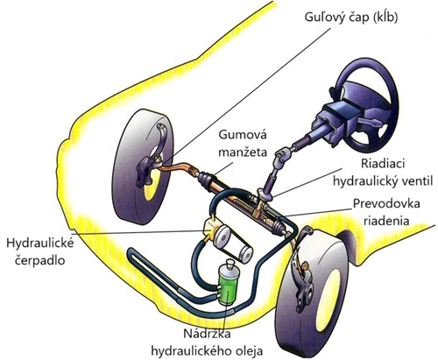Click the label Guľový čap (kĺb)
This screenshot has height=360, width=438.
tap(351, 18)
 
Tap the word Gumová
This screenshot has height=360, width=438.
tap(243, 135)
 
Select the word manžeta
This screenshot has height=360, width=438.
tap(243, 152)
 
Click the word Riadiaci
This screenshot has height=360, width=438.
tap(383, 164)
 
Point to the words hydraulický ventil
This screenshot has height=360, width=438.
tap(383, 181)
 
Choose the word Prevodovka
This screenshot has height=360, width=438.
tap(386, 203)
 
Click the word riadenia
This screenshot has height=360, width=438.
tap(386, 221)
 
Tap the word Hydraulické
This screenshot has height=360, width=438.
tap(40, 244)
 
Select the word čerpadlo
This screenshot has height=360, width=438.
tap(39, 260)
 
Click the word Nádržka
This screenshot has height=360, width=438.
tap(207, 334)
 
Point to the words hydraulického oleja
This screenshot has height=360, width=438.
tap(207, 351)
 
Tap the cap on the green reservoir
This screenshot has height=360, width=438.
tap(230, 264)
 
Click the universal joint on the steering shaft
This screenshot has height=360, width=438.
tap(283, 155)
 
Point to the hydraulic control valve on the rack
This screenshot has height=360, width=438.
tap(265, 196)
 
